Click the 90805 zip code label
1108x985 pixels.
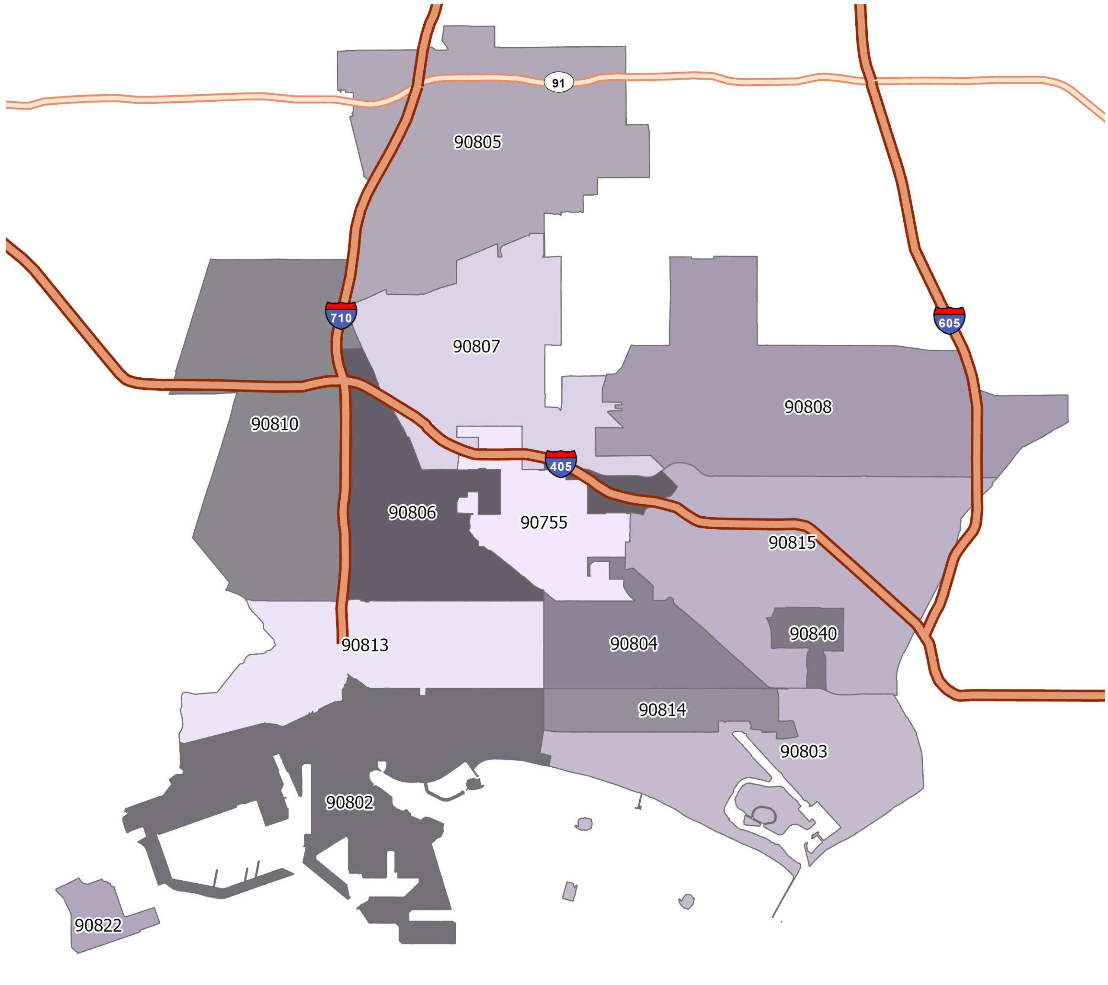click(477, 142)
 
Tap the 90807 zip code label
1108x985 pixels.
click(477, 346)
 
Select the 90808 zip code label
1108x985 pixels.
click(808, 406)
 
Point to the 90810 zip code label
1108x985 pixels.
click(274, 424)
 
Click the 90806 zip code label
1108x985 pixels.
click(412, 512)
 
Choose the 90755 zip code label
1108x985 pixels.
click(544, 523)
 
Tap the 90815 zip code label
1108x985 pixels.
click(792, 543)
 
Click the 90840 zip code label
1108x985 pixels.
click(812, 633)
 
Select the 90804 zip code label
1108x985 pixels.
click(634, 644)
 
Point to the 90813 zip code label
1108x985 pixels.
click(365, 645)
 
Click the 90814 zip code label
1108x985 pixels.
click(662, 710)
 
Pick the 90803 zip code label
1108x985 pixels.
click(803, 751)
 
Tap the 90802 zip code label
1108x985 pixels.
click(350, 802)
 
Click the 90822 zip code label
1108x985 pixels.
click(98, 925)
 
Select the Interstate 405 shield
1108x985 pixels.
click(561, 464)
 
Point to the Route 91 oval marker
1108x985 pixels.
click(558, 83)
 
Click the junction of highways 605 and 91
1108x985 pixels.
click(872, 81)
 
